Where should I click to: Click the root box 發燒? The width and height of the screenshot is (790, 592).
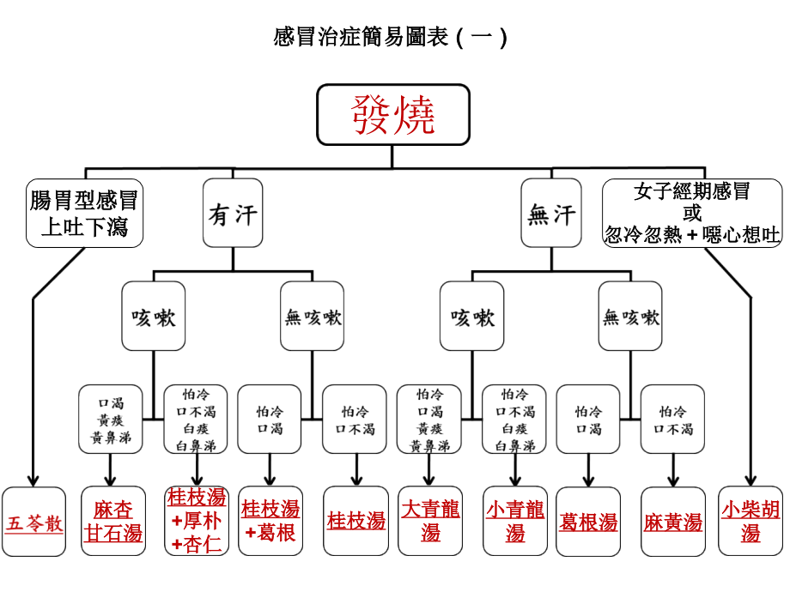(393, 114)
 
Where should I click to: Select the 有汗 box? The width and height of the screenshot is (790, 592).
(233, 213)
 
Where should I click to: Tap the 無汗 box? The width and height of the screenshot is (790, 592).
(551, 213)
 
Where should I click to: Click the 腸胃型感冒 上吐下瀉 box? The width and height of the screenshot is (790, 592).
(84, 213)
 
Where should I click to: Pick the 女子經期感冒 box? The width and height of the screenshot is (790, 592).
(692, 213)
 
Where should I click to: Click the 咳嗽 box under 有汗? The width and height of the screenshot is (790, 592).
(154, 317)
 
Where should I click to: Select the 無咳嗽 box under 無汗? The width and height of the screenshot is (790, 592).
(631, 317)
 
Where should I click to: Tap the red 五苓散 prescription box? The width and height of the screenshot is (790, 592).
(35, 523)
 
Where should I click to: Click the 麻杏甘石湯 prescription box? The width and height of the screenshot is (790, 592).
(113, 522)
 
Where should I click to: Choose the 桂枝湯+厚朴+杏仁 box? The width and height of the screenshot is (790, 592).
(197, 522)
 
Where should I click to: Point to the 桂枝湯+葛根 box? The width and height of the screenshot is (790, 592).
(270, 522)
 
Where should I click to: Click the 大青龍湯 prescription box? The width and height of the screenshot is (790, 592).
(430, 522)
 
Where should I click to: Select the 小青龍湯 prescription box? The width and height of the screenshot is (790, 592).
(514, 522)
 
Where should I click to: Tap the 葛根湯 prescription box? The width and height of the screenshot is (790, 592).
(588, 522)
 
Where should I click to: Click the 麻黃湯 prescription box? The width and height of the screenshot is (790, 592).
(673, 522)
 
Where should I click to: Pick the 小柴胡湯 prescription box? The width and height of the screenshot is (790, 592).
(750, 522)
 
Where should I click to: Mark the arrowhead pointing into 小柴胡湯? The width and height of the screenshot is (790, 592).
(751, 480)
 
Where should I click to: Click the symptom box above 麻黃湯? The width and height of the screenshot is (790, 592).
(673, 420)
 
